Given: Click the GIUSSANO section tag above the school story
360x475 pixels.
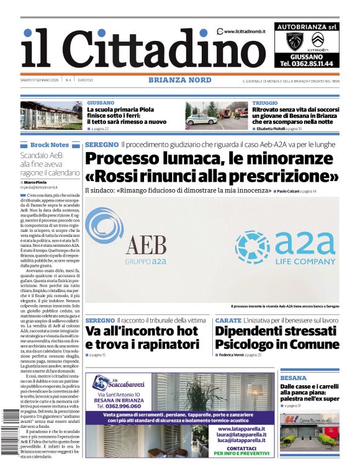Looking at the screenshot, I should click(x=101, y=102).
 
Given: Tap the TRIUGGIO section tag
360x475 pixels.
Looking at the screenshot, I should click(x=265, y=102).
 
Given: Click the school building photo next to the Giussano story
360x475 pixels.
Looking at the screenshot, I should click(x=52, y=115).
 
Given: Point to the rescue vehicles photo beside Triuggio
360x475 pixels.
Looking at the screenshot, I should click(x=217, y=115).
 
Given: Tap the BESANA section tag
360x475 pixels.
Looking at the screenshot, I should click(x=293, y=377).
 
